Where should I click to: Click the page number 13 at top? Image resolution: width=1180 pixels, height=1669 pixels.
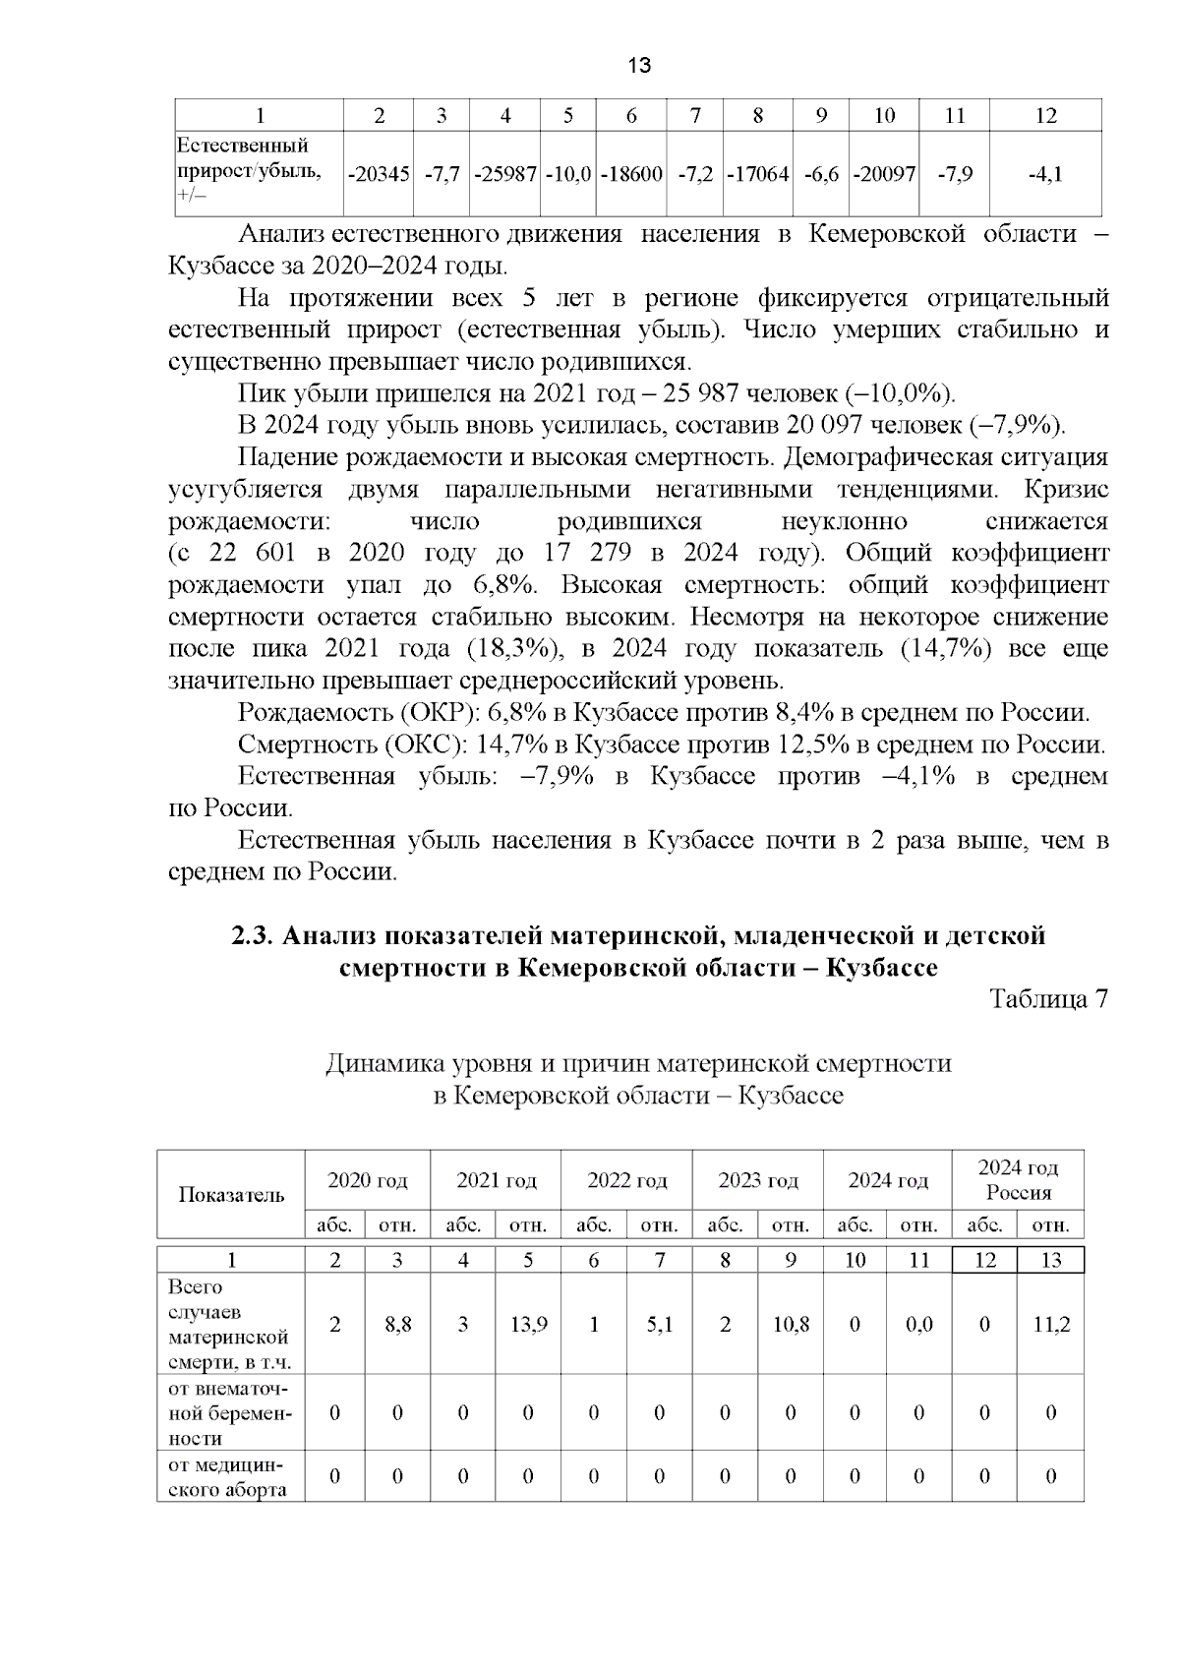tap(638, 66)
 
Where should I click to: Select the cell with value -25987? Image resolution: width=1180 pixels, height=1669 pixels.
tap(504, 174)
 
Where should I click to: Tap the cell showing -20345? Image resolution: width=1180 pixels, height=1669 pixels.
tap(379, 174)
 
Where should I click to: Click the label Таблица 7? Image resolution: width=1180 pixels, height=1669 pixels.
tap(1048, 999)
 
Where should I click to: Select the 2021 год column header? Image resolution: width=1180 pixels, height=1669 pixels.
tap(496, 1180)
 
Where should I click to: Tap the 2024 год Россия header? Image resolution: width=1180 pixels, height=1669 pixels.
tap(1018, 1180)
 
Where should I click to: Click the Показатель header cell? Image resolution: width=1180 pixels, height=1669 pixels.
tap(231, 1195)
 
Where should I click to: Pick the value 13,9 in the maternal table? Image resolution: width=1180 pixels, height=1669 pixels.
tap(528, 1325)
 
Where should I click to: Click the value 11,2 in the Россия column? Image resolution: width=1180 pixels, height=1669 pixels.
tap(1050, 1325)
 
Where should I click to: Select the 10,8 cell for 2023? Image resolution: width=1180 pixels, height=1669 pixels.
tap(791, 1325)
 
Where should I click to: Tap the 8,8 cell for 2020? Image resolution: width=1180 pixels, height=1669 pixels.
tap(397, 1325)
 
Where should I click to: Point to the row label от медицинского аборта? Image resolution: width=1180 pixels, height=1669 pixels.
tap(228, 1476)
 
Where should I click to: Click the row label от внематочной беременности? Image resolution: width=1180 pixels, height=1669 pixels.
tap(230, 1412)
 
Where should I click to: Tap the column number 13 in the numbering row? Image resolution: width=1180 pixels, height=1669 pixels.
tap(1050, 1260)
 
